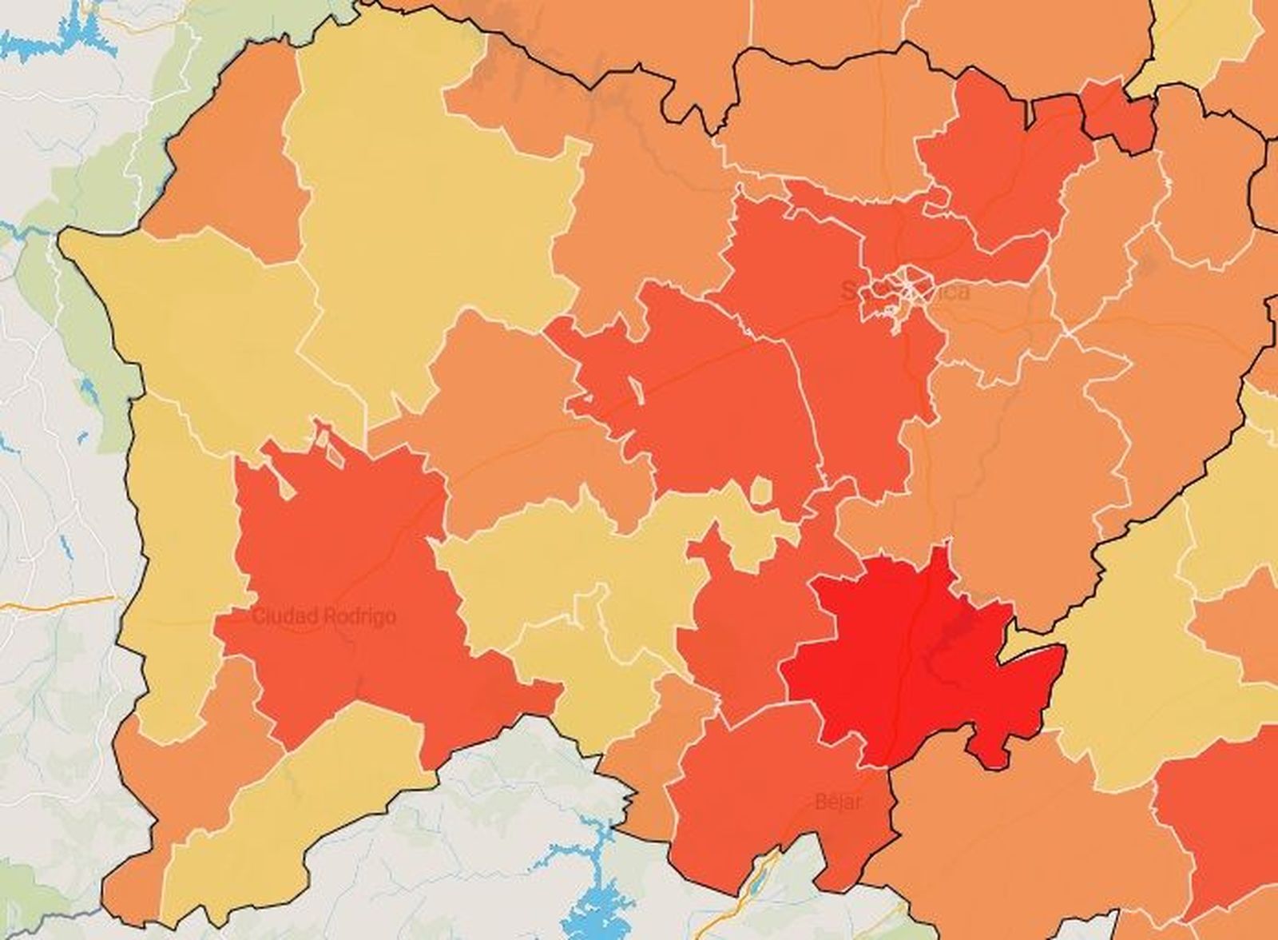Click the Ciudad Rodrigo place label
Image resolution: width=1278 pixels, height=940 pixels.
click(323, 617)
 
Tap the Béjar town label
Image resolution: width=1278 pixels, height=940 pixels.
click(839, 801)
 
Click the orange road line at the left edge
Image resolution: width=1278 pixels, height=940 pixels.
click(56, 602)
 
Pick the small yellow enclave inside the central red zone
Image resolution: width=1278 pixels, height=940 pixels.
click(762, 491)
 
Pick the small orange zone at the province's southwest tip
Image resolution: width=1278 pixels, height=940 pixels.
click(132, 887)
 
